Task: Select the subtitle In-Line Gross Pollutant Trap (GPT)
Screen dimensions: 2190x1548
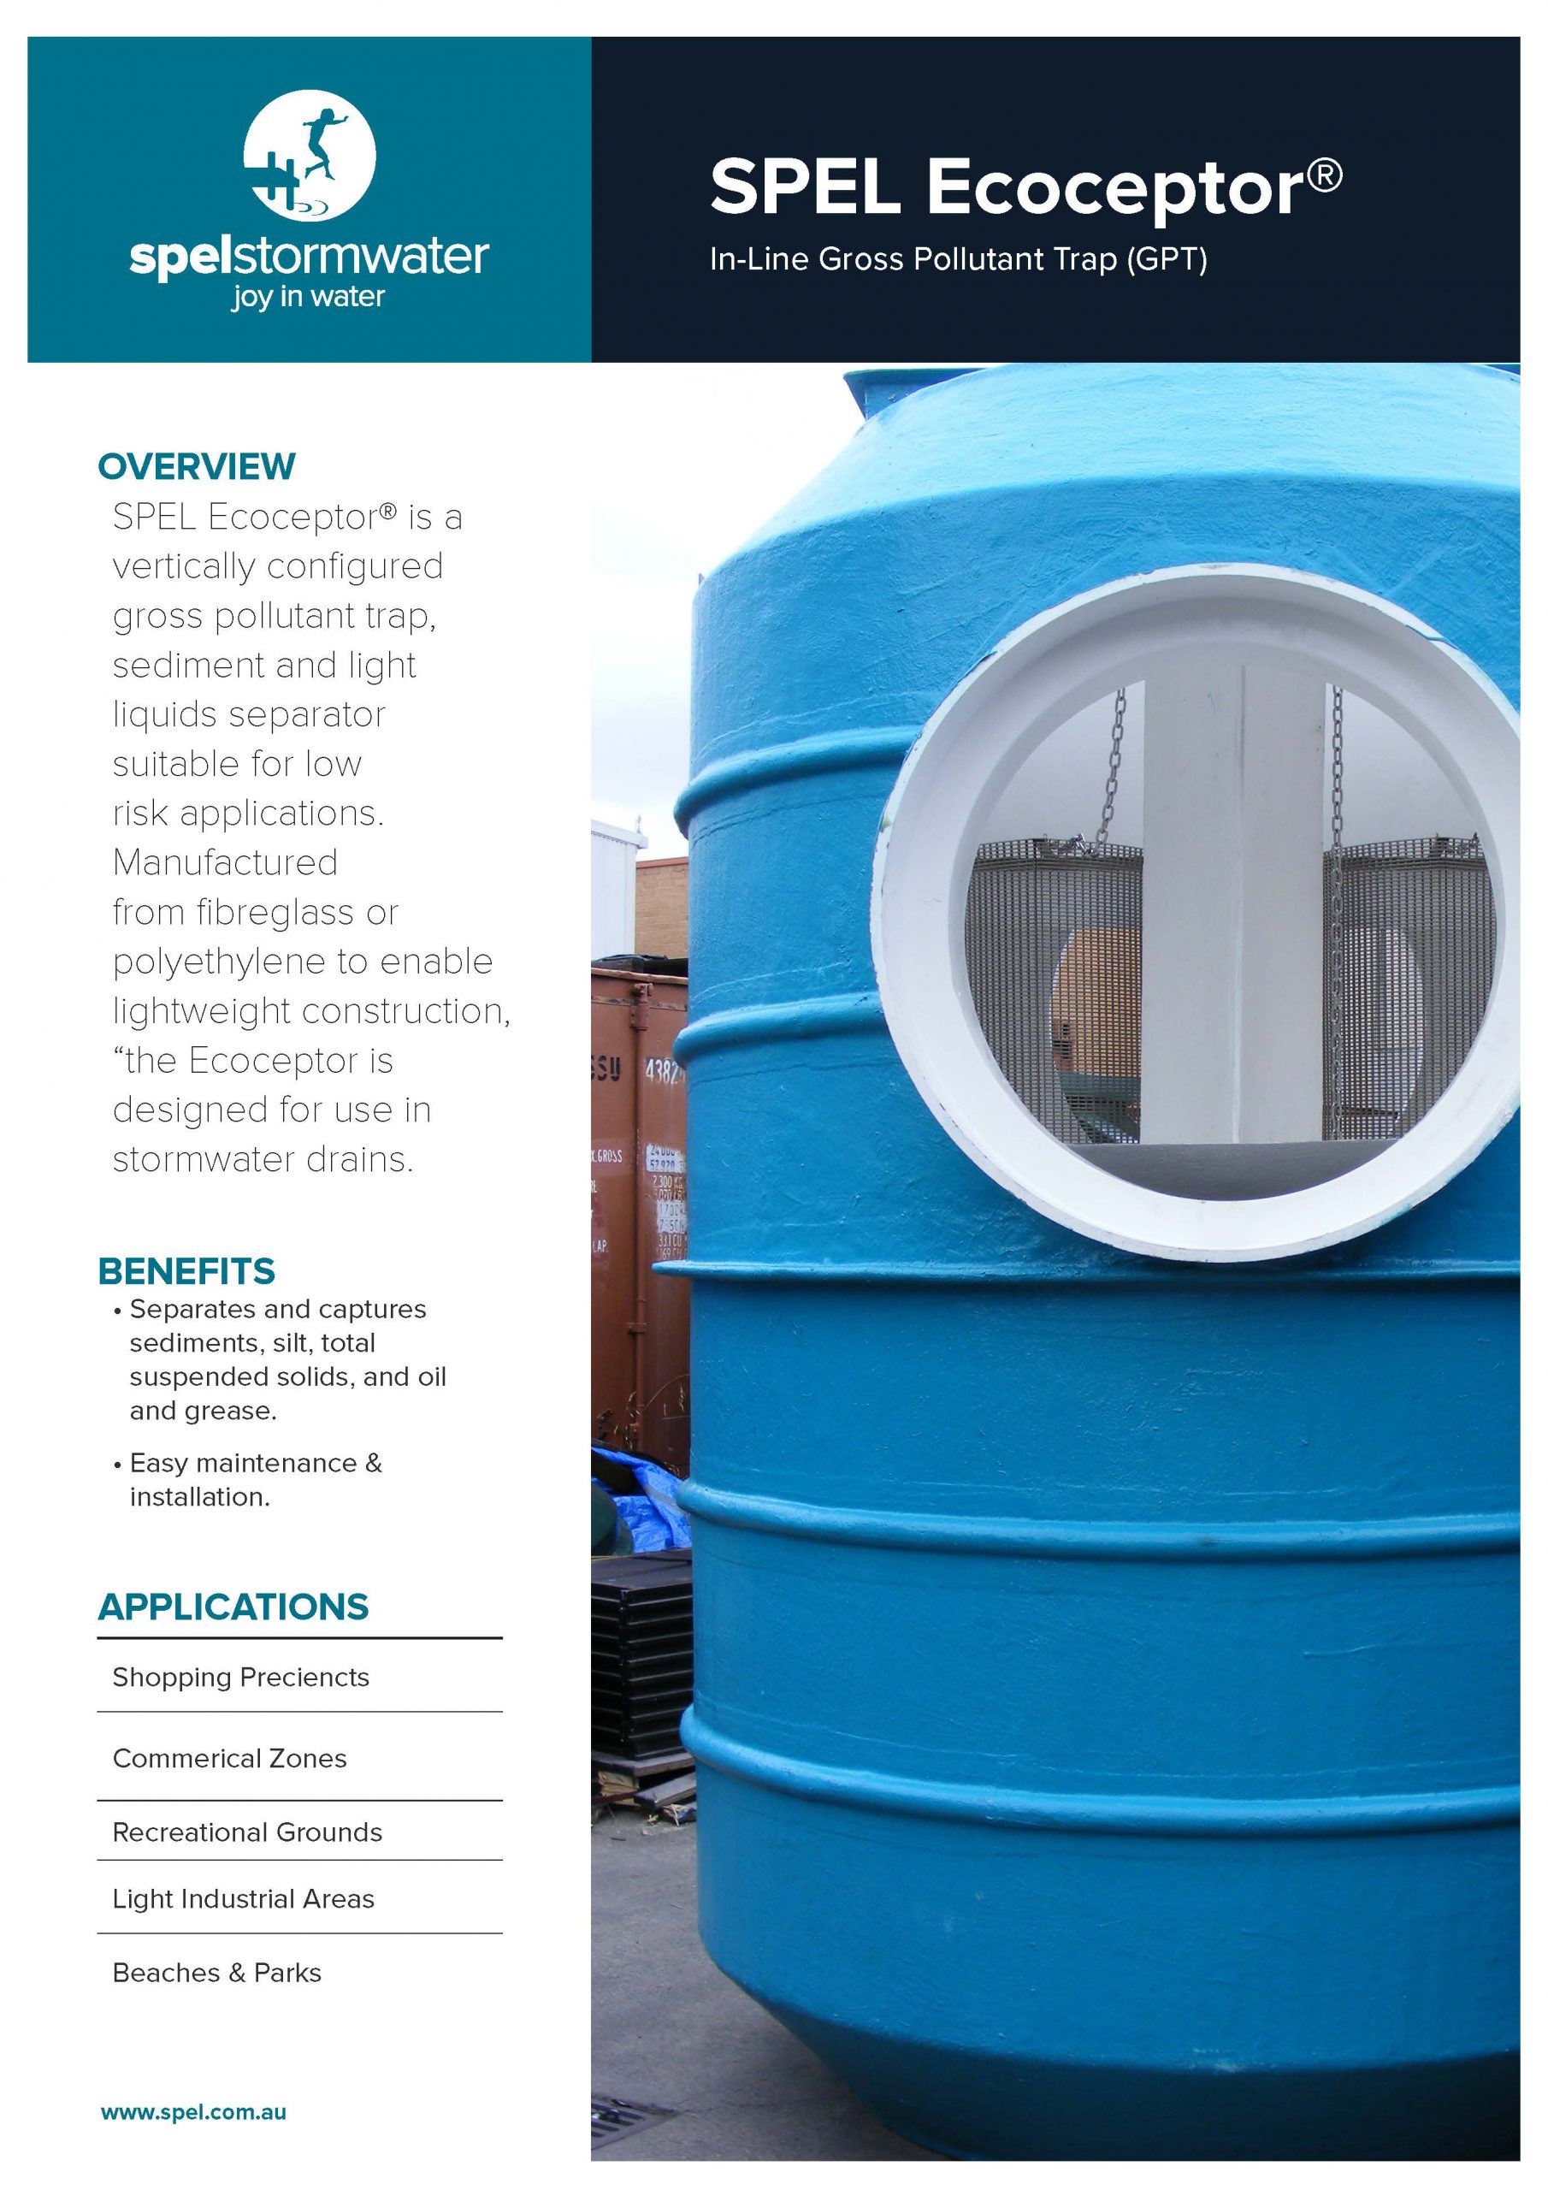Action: click(x=958, y=259)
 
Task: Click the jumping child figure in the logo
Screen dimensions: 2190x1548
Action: click(x=322, y=144)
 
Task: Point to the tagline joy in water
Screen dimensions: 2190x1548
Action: click(x=307, y=298)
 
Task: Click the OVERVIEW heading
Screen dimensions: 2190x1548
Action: click(x=197, y=466)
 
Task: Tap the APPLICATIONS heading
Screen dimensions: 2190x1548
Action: click(x=233, y=1607)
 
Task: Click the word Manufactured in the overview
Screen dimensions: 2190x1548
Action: click(x=225, y=862)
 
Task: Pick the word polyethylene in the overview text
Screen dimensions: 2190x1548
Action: click(x=216, y=962)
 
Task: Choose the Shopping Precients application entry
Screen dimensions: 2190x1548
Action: click(x=240, y=1678)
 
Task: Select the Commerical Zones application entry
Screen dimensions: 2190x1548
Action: click(x=229, y=1759)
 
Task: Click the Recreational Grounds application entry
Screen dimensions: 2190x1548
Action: click(x=247, y=1832)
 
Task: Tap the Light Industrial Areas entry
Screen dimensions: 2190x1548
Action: click(x=243, y=1899)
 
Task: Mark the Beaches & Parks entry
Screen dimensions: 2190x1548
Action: click(x=216, y=1973)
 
